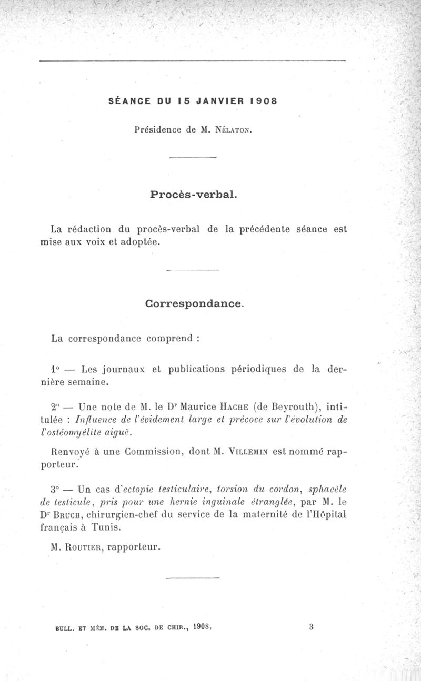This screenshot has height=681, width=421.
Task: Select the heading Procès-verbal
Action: tap(194, 195)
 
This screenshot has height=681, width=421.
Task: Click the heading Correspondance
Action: tap(194, 303)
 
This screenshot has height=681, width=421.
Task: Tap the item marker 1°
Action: tap(57, 369)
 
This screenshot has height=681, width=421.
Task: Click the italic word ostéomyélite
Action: tap(83, 432)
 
